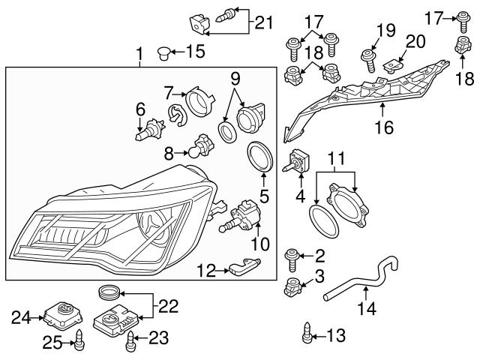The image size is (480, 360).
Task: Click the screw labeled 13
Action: click(307, 334)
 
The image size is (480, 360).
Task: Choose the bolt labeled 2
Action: click(292, 259)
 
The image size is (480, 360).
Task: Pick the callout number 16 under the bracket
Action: click(383, 128)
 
